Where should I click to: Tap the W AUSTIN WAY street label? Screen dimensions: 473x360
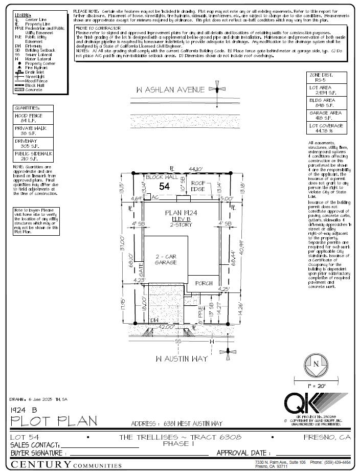(182, 358)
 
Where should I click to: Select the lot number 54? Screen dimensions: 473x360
(164, 187)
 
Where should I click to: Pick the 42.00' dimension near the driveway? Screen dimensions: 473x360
(167, 326)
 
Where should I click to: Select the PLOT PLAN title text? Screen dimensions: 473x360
(54, 421)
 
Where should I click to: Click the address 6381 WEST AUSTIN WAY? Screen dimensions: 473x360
(177, 423)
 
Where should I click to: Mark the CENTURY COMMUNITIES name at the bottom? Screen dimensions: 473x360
(66, 464)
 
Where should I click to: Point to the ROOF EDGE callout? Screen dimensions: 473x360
(198, 186)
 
